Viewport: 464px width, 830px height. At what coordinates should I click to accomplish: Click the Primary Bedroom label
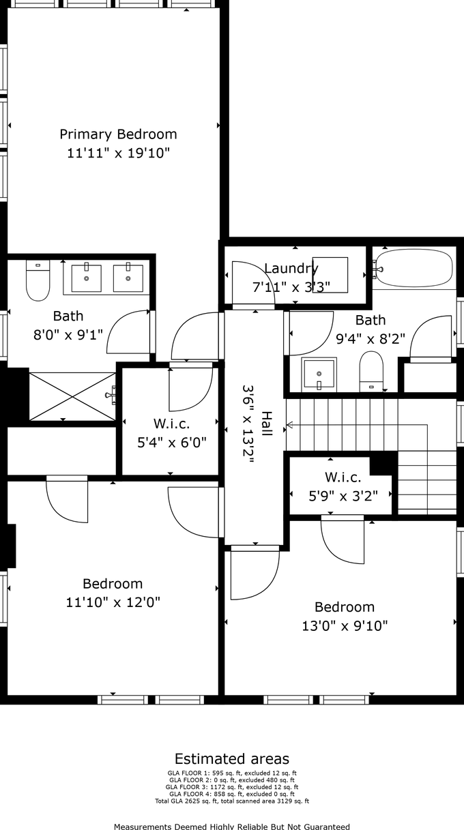coord(118,134)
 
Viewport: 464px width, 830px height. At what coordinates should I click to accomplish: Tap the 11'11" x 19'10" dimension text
coord(118,153)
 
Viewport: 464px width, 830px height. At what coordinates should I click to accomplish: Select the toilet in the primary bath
coord(38,280)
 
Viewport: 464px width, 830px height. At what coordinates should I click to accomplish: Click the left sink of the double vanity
coord(87,277)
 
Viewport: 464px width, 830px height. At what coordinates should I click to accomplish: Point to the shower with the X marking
coord(72,397)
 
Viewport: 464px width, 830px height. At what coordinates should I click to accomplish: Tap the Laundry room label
coord(291,268)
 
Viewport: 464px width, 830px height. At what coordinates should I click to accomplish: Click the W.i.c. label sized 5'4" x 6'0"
coord(171,424)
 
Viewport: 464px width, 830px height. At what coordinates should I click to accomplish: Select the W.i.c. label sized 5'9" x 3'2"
coord(343,477)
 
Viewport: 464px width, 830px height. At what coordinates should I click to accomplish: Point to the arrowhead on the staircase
coord(289,425)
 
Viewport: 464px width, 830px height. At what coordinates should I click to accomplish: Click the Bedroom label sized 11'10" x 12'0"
coord(113,584)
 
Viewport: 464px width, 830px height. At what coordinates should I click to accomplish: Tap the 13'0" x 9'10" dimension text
coord(345,626)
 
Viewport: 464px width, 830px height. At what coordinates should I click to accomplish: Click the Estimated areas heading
coord(232,759)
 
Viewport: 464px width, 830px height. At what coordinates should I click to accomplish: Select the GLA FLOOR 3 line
coord(232,787)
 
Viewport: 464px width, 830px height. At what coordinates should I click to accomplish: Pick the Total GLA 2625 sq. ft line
coord(232,801)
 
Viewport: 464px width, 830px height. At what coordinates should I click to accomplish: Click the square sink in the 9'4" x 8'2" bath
coord(319,374)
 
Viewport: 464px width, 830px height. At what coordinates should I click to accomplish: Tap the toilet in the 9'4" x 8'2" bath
coord(371,371)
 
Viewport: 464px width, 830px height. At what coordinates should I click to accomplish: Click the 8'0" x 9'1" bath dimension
coord(68,335)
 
